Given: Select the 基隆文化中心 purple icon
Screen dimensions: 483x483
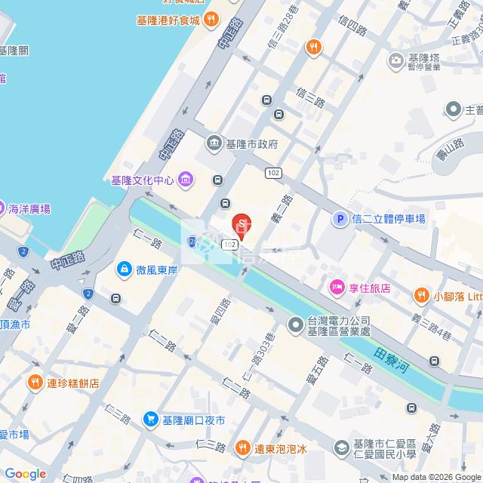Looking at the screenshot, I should [186, 180].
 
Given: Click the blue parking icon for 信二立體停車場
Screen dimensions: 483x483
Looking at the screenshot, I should [340, 220].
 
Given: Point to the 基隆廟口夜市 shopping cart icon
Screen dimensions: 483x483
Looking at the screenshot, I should [151, 419].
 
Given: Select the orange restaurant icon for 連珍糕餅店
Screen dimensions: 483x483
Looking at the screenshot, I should [35, 383].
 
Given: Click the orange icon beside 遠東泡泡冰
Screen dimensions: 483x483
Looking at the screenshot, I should [242, 448].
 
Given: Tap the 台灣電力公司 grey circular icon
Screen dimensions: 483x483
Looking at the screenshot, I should [296, 325].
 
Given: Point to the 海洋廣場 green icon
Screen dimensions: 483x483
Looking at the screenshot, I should [2, 208].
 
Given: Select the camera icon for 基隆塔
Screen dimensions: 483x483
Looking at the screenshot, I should [395, 60].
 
